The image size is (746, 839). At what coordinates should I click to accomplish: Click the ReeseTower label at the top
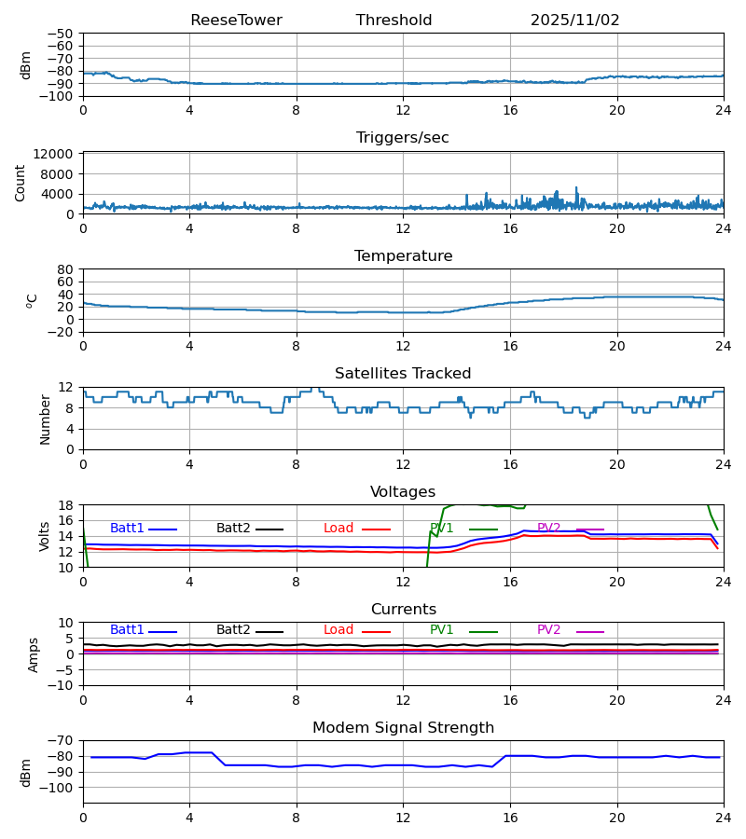(x=236, y=21)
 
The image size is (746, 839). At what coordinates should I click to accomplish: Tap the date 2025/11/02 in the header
(x=574, y=21)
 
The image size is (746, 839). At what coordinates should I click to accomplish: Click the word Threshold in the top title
(x=394, y=21)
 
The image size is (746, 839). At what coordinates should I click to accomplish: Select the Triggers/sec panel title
(x=403, y=138)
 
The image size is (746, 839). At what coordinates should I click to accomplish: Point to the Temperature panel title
(x=403, y=256)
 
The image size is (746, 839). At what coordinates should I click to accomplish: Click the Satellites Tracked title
(x=403, y=374)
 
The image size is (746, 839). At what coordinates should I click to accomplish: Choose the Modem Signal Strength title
(x=403, y=728)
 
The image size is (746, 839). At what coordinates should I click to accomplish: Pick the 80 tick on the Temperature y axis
(x=66, y=269)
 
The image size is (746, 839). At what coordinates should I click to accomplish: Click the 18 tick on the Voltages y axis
(x=66, y=505)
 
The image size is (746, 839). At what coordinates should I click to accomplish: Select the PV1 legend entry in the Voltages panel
(x=442, y=529)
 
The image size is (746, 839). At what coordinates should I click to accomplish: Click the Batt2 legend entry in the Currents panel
(x=233, y=630)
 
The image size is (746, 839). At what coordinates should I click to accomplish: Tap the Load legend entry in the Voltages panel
(x=338, y=529)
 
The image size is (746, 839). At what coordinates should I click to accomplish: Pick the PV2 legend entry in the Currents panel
(x=548, y=630)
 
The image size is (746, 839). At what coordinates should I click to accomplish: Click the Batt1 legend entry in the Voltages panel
(x=127, y=529)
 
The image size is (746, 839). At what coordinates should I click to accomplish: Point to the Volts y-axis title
(x=45, y=536)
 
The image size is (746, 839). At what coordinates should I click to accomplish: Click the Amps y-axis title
(x=34, y=654)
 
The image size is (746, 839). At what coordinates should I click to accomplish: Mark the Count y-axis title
(x=21, y=183)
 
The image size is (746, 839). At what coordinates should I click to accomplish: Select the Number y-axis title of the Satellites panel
(x=45, y=419)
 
